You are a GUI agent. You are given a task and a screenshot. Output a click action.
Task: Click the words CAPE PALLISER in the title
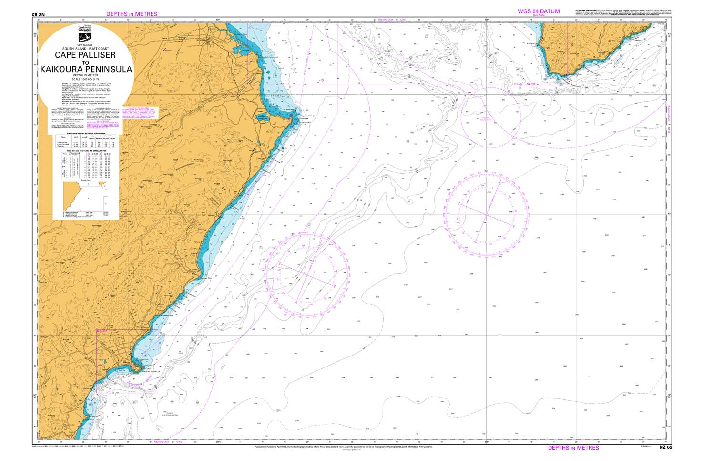point(85,55)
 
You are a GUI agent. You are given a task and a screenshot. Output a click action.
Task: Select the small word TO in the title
point(85,63)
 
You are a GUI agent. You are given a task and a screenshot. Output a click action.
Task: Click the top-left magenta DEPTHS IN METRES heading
point(132,14)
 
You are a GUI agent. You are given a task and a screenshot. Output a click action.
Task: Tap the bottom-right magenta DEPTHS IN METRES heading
point(573,448)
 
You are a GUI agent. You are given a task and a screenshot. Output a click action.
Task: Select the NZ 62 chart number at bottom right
point(665,448)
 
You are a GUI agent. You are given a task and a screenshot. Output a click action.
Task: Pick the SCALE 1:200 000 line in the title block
point(85,78)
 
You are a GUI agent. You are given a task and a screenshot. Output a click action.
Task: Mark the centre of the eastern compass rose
point(486,214)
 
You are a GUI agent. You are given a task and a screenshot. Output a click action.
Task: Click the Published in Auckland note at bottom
point(343,447)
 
